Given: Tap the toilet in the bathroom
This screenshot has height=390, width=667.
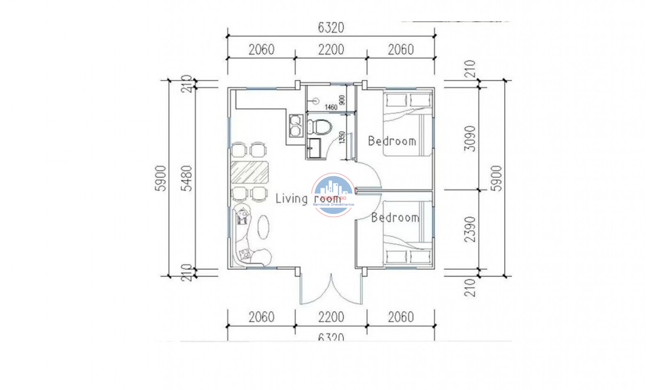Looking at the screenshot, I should (x=319, y=126).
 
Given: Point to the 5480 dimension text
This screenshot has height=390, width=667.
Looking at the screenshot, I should (x=187, y=178).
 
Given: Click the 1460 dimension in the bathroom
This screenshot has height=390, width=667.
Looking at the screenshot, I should (x=331, y=107).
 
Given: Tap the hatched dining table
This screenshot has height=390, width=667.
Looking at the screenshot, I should (x=249, y=172).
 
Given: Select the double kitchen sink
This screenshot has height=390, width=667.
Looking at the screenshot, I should (x=294, y=126).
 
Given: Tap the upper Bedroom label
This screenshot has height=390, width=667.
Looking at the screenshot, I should (x=392, y=141).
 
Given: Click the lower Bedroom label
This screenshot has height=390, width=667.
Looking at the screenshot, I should (x=395, y=218).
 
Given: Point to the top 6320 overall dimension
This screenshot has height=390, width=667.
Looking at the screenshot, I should (x=331, y=28).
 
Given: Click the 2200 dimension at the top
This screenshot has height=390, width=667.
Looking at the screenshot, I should (x=331, y=50).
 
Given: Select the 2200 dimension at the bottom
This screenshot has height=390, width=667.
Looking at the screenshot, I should (x=331, y=317).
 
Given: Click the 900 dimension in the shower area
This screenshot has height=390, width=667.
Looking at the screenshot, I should (x=342, y=100).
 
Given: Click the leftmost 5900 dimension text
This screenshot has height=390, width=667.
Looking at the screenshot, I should (x=161, y=178).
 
